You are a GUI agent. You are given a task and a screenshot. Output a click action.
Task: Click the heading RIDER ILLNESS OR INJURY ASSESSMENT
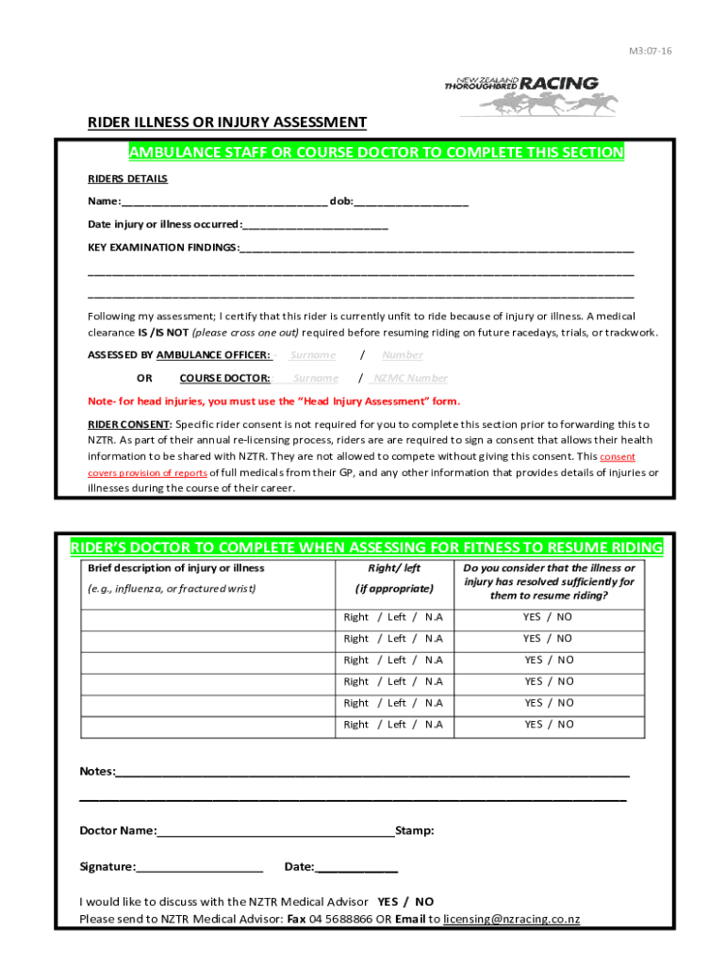click(x=227, y=123)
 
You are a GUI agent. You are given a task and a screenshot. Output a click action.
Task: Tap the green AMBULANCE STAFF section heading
click(x=376, y=153)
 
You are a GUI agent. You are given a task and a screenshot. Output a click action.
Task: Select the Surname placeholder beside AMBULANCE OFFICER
click(x=312, y=355)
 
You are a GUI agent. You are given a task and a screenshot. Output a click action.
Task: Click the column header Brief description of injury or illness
click(x=176, y=568)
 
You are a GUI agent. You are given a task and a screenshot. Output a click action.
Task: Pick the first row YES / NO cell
click(x=548, y=617)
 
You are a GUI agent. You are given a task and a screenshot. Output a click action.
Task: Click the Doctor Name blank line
click(x=276, y=831)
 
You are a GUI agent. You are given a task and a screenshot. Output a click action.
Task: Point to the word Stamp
click(x=415, y=831)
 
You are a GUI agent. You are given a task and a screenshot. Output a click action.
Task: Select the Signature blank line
click(x=199, y=867)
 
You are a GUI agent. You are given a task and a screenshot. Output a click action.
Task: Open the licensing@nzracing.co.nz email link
click(x=512, y=919)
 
